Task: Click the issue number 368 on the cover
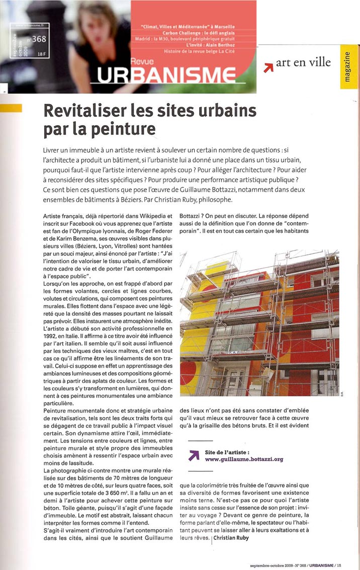38,40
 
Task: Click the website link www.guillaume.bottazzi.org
244,459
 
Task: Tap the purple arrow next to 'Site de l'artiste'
194,455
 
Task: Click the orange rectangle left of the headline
11,108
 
